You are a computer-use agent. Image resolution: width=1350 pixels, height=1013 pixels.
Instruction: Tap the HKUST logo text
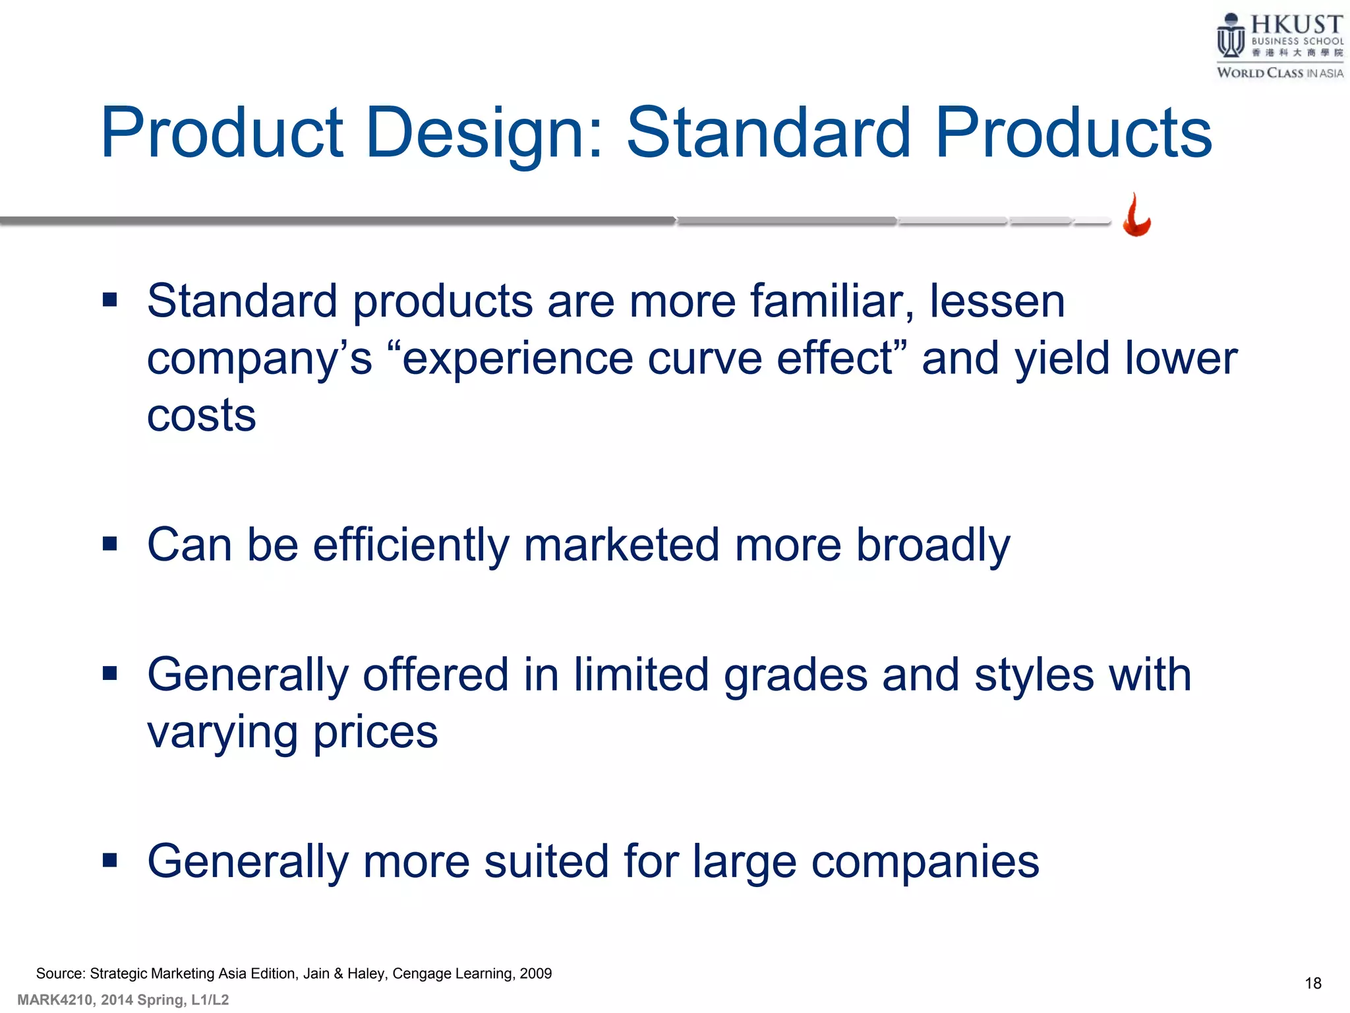[1296, 25]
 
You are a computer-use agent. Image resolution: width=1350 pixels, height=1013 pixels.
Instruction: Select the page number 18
[1312, 983]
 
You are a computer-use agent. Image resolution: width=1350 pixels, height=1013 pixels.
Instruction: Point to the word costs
[201, 416]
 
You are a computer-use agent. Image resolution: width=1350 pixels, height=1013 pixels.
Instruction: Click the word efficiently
[411, 545]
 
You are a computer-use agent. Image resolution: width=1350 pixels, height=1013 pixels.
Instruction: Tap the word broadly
[933, 545]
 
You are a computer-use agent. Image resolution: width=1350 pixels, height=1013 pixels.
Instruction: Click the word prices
[375, 732]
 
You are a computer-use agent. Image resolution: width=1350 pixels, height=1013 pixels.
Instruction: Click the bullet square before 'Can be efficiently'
[110, 543]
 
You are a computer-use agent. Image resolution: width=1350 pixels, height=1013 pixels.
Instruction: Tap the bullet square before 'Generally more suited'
[110, 859]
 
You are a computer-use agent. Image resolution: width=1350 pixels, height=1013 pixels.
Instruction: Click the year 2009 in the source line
[535, 973]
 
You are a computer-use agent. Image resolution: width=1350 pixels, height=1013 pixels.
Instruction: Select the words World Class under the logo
[1259, 73]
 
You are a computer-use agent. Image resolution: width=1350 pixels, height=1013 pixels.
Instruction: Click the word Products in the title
[1072, 134]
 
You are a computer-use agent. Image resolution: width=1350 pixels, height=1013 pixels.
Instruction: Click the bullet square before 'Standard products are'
[110, 301]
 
